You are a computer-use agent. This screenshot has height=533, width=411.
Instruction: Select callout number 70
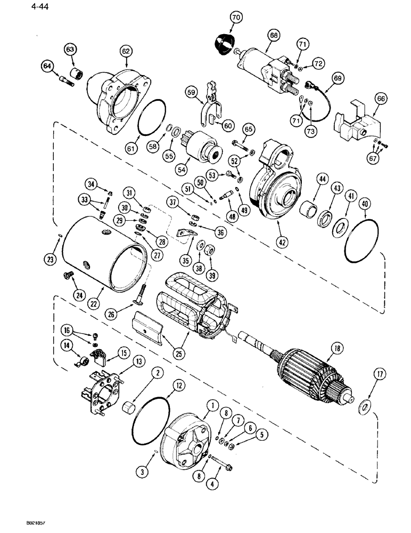click(235, 19)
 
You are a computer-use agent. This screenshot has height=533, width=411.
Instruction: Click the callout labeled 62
click(125, 52)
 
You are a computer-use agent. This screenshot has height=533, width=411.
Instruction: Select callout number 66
click(382, 98)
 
